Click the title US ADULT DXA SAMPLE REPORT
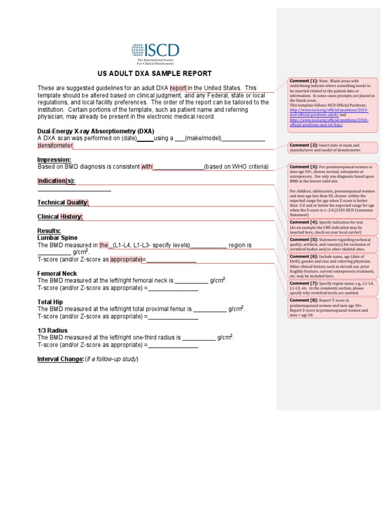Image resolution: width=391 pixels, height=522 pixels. click(x=154, y=74)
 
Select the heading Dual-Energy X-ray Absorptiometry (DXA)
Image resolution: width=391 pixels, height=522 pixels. click(x=96, y=131)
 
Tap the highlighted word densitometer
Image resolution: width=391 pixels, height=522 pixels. click(x=55, y=145)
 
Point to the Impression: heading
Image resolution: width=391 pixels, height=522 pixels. click(x=54, y=160)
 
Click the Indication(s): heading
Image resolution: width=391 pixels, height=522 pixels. click(x=56, y=181)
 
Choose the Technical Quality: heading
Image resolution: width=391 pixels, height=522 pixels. click(x=63, y=202)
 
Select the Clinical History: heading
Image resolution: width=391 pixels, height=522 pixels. click(x=60, y=217)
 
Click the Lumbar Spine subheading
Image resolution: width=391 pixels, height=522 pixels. click(x=58, y=238)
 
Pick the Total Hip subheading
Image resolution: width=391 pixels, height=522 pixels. click(x=50, y=302)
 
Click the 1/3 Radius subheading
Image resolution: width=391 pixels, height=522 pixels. click(x=52, y=330)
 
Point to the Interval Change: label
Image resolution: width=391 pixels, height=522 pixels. click(x=61, y=359)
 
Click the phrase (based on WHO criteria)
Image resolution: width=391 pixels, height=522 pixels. click(x=236, y=167)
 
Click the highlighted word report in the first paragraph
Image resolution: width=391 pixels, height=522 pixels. click(x=178, y=88)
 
